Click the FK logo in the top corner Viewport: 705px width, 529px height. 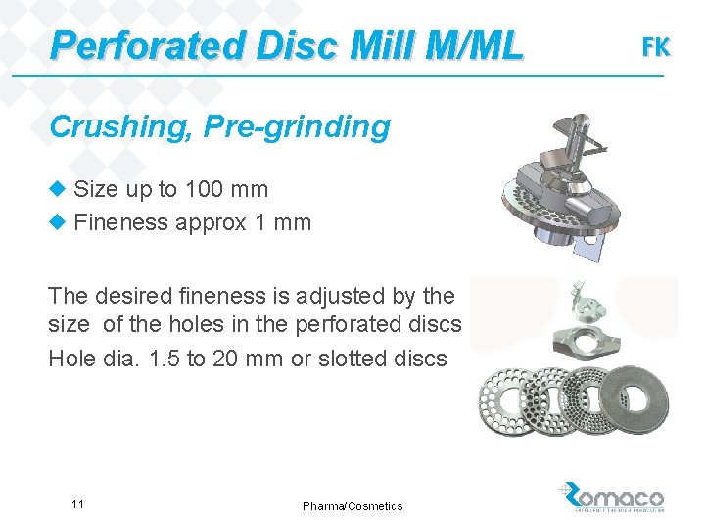pyautogui.click(x=655, y=46)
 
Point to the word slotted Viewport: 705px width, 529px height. pyautogui.click(x=353, y=359)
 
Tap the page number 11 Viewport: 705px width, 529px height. pyautogui.click(x=77, y=504)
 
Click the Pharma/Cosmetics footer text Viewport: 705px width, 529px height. pyautogui.click(x=352, y=505)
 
